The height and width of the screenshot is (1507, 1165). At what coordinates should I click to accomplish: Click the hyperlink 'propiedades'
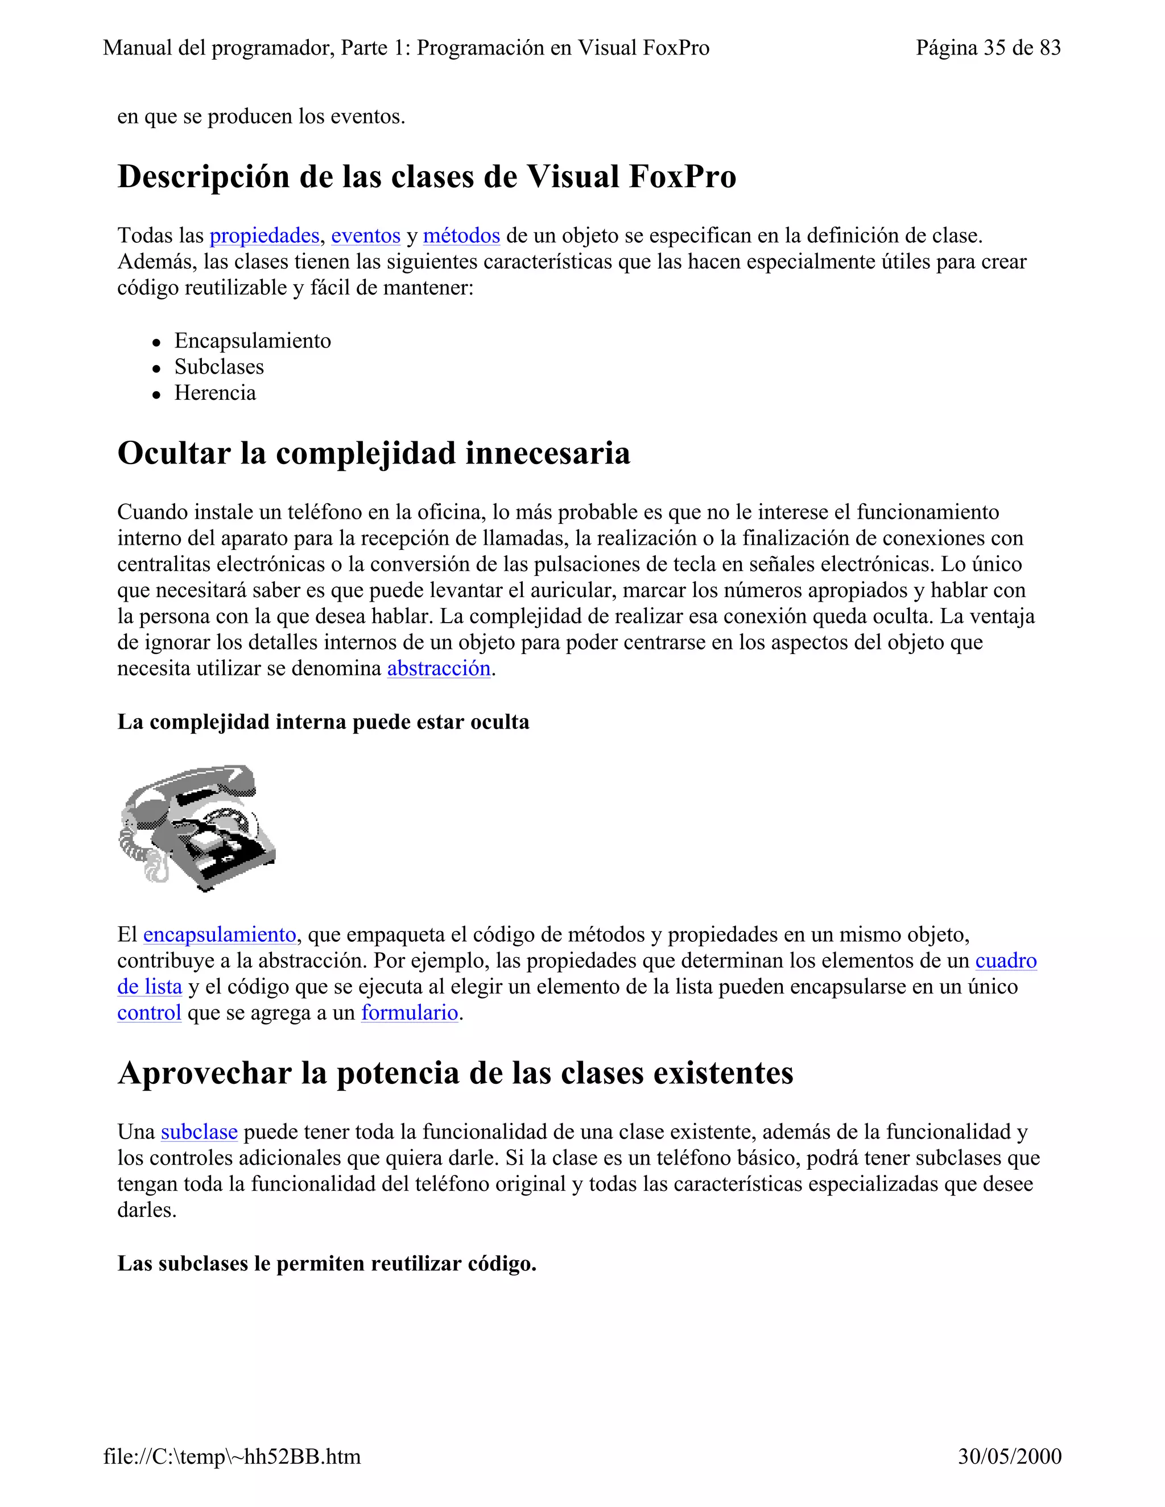[x=265, y=236]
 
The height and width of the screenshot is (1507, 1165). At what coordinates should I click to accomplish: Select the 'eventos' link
[x=366, y=236]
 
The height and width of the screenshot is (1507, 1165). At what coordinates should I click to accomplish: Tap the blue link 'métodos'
[x=461, y=236]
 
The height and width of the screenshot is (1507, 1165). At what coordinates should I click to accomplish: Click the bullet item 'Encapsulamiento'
[x=253, y=341]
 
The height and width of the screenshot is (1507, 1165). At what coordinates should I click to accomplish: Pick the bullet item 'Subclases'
[x=219, y=367]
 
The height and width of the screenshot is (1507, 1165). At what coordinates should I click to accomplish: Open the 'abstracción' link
[x=439, y=669]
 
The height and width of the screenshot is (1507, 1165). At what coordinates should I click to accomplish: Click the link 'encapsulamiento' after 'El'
[x=220, y=935]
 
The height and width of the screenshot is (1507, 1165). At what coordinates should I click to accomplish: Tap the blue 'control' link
[x=149, y=1013]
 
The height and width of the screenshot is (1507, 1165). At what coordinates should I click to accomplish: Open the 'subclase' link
[x=199, y=1132]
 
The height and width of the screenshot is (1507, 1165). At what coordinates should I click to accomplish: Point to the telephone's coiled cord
[x=135, y=845]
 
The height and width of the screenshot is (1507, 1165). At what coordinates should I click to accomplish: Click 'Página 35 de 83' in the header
[x=988, y=48]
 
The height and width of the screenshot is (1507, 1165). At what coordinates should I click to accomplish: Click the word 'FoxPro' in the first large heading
[x=682, y=177]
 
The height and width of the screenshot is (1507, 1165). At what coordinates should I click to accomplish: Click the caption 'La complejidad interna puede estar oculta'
[x=323, y=722]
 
